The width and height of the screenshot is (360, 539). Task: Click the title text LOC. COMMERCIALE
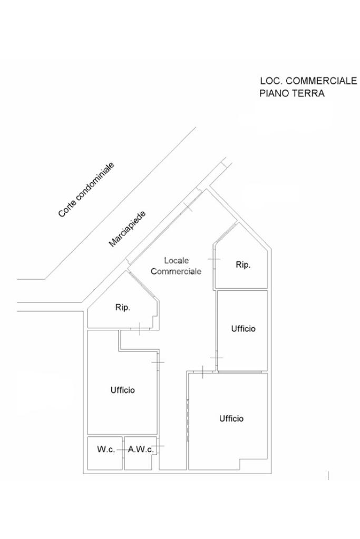(308, 81)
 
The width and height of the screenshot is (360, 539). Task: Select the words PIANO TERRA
(291, 94)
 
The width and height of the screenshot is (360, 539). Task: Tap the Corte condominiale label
(86, 190)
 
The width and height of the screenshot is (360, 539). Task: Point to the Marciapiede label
(127, 229)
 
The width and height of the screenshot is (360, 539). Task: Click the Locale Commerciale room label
(176, 266)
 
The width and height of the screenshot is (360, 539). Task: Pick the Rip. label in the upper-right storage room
(242, 265)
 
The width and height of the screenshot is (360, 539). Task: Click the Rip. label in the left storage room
(122, 307)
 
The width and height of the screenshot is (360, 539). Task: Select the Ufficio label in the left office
(122, 390)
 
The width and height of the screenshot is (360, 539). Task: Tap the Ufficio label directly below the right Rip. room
(243, 329)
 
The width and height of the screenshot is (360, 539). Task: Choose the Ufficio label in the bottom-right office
(231, 419)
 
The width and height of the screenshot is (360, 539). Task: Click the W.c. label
(105, 450)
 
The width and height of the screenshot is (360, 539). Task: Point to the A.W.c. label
(141, 450)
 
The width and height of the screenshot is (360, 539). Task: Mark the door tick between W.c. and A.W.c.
(123, 450)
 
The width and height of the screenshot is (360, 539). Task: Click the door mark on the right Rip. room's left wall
(214, 259)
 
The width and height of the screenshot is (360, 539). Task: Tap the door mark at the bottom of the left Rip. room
(139, 329)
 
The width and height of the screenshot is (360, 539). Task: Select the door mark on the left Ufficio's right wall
(158, 362)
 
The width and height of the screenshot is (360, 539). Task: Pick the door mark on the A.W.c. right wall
(158, 447)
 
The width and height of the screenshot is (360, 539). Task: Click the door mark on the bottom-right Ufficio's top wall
(203, 372)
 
